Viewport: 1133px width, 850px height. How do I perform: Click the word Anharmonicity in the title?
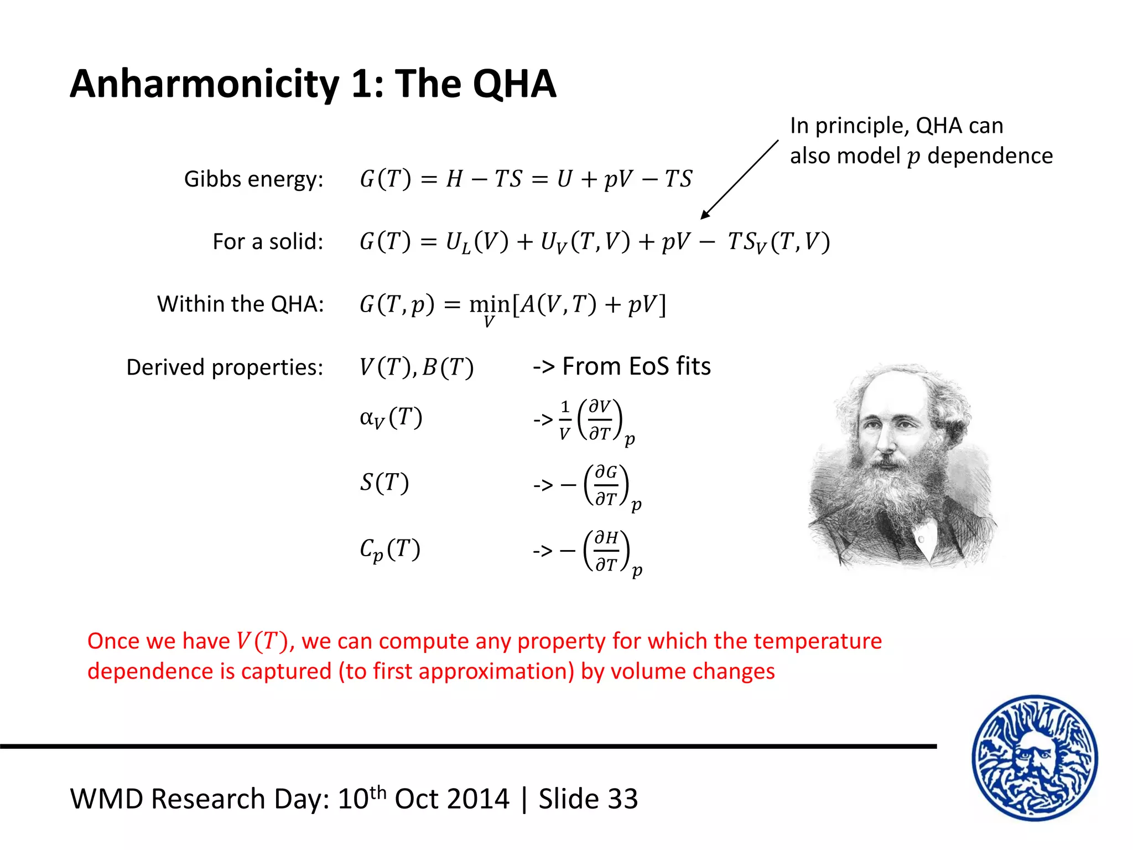click(204, 84)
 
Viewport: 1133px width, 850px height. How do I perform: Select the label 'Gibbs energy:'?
click(253, 179)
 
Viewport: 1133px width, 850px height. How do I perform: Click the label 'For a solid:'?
click(268, 242)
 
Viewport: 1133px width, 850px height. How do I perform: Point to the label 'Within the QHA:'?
click(240, 304)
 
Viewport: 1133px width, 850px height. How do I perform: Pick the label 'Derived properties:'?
click(225, 367)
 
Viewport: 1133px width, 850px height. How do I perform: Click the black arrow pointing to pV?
click(739, 179)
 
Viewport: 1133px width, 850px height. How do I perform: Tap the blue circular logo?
click(1035, 758)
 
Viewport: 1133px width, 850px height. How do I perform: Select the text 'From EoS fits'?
click(636, 366)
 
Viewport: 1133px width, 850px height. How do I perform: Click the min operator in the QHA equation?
click(489, 305)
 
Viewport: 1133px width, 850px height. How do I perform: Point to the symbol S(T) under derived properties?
click(384, 483)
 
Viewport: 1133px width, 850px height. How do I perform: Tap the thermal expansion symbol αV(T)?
click(391, 418)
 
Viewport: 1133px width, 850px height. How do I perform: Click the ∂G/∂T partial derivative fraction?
click(606, 485)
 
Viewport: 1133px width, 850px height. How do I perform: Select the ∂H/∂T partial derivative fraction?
click(606, 551)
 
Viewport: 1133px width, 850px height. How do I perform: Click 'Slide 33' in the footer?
click(588, 799)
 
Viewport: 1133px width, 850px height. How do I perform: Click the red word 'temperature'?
click(818, 641)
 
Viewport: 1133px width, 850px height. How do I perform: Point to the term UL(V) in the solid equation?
click(477, 242)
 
